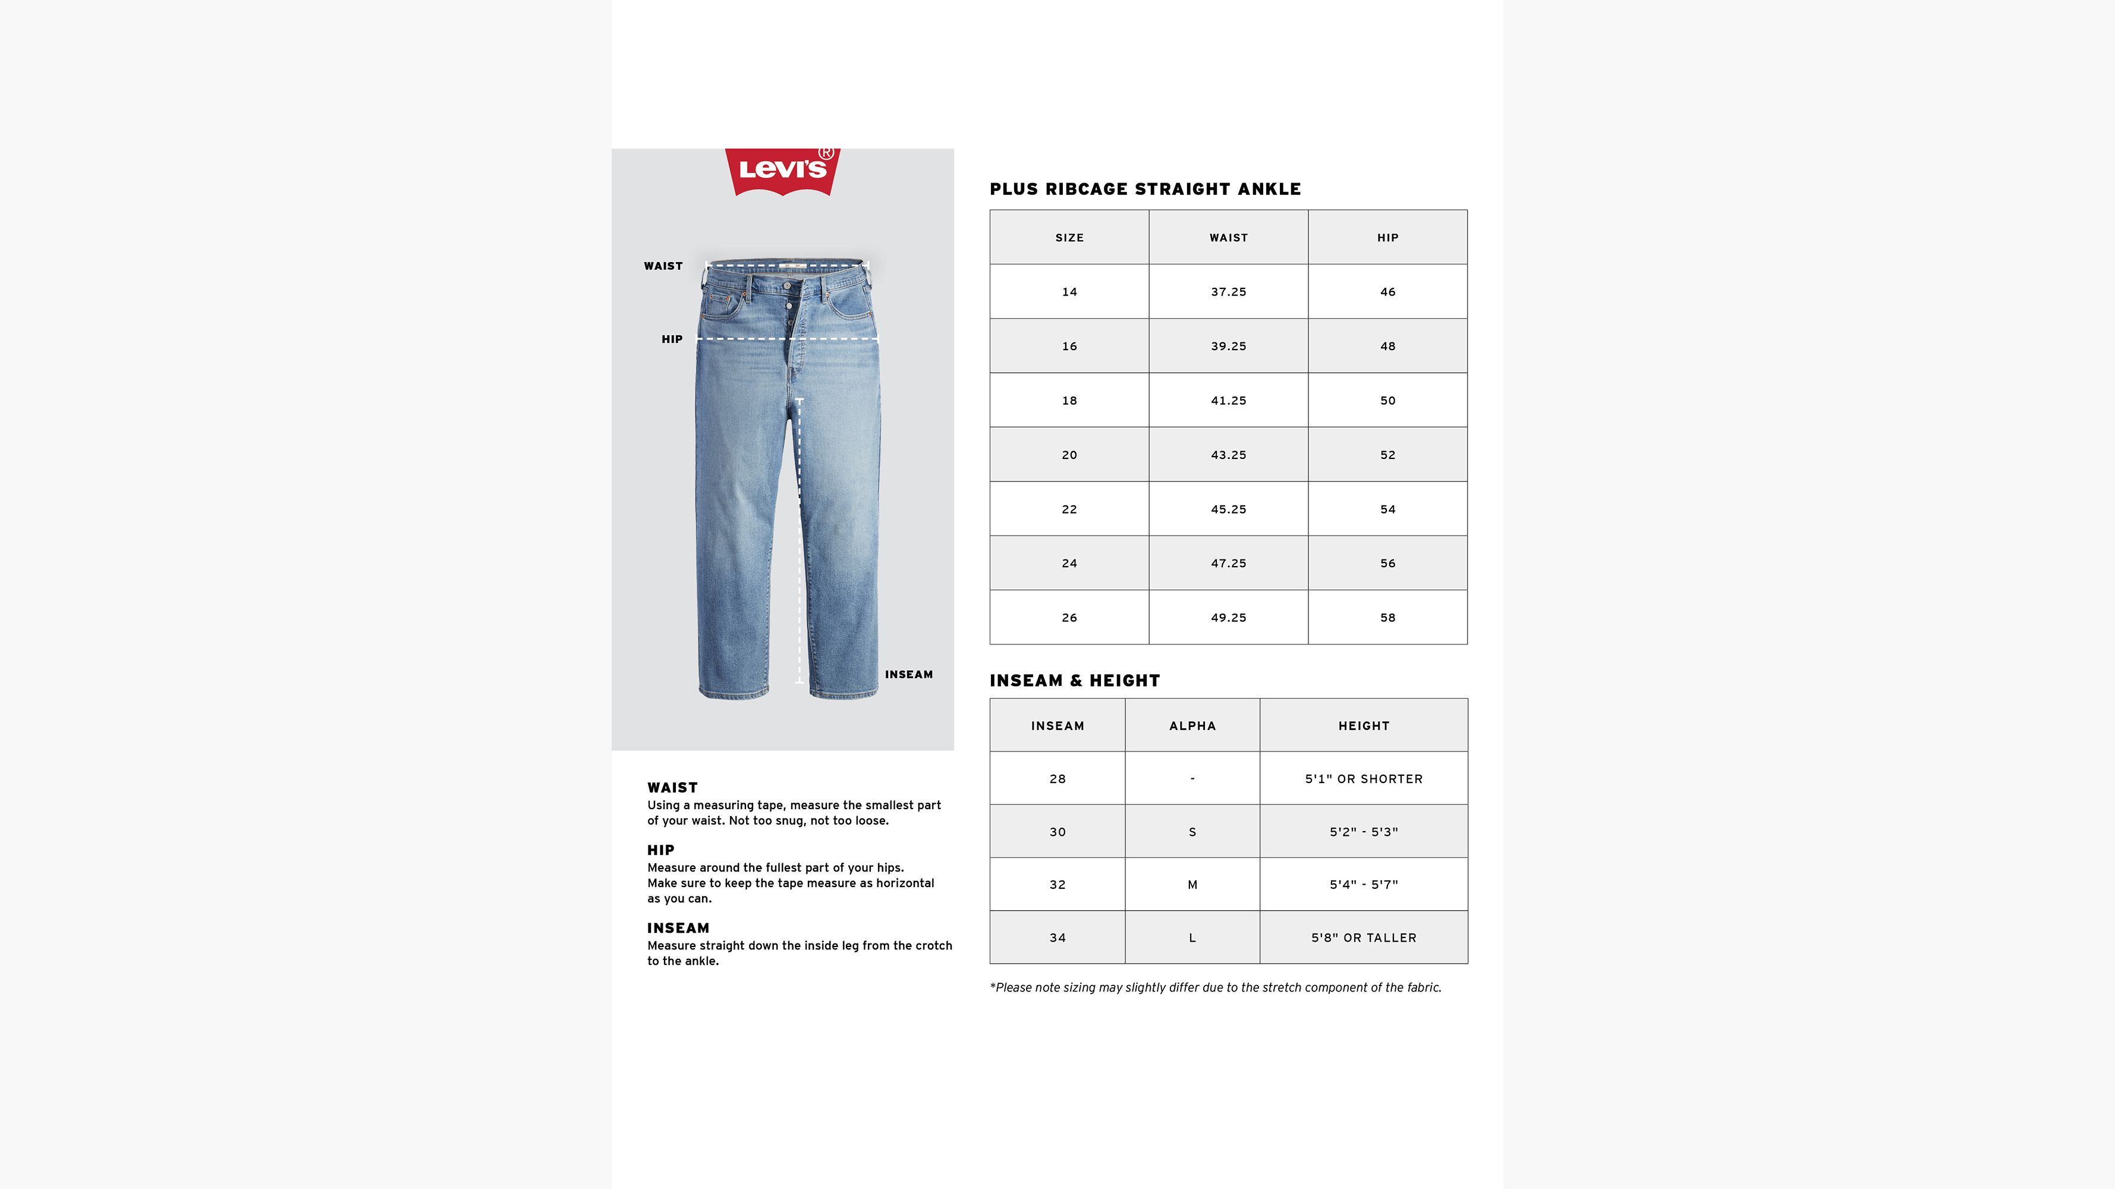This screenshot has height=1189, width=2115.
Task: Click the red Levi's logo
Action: [x=782, y=170]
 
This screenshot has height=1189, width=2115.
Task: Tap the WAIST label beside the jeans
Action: [x=663, y=266]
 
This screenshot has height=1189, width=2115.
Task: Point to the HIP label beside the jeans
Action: [x=672, y=339]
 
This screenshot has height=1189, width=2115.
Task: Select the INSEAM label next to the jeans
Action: [x=908, y=674]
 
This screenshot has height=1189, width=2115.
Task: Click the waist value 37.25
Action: [x=1228, y=291]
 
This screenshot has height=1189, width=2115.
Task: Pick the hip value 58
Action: [x=1387, y=618]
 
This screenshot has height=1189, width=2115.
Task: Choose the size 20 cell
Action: [x=1069, y=455]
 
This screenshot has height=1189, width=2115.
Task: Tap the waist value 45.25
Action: [x=1228, y=509]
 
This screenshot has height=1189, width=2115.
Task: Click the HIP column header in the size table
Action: [x=1387, y=237]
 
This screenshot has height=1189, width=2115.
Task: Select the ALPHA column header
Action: [x=1192, y=726]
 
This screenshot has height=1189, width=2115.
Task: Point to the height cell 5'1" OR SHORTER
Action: [x=1364, y=778]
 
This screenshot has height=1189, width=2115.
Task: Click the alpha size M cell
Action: [x=1192, y=885]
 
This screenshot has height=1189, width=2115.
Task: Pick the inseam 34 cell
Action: [x=1057, y=938]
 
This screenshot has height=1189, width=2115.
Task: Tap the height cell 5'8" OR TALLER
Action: [x=1364, y=938]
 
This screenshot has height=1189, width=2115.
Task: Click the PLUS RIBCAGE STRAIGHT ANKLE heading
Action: [x=1145, y=189]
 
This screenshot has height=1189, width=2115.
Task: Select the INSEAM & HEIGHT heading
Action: [x=1075, y=681]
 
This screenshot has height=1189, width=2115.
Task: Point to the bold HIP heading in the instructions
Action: [x=661, y=850]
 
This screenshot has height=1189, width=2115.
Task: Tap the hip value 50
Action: [x=1387, y=401]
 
